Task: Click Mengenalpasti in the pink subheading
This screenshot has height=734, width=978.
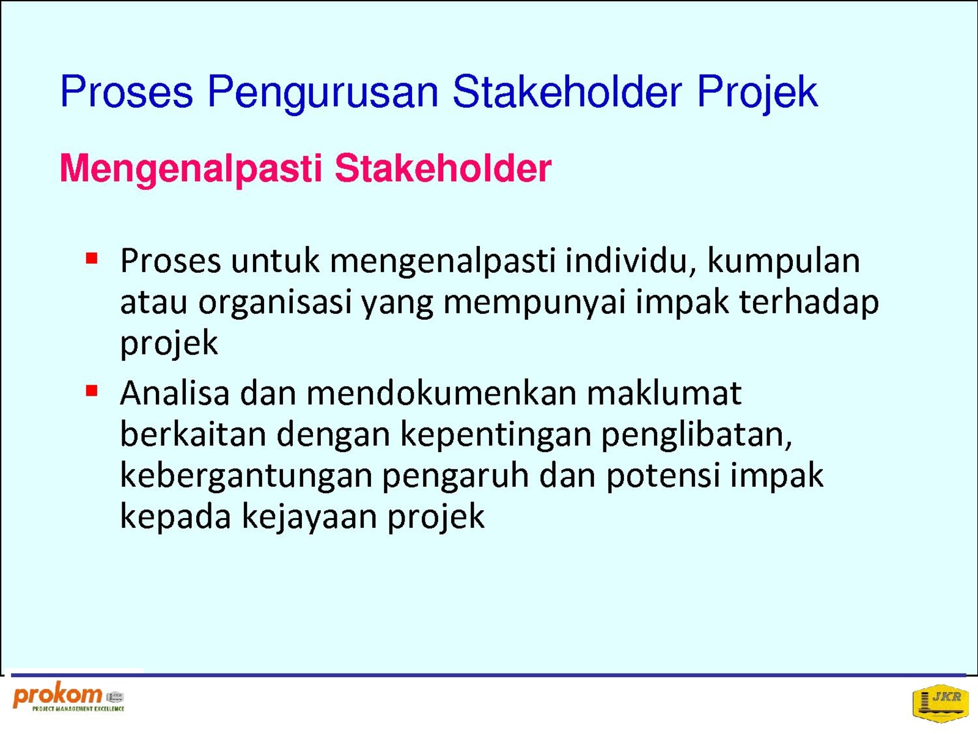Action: pyautogui.click(x=191, y=169)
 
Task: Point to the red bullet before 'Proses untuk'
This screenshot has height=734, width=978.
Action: pyautogui.click(x=91, y=259)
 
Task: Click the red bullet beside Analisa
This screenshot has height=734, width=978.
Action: pyautogui.click(x=91, y=391)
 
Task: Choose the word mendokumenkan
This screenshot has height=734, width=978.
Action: pyautogui.click(x=441, y=393)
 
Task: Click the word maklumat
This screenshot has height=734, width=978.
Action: pyautogui.click(x=664, y=393)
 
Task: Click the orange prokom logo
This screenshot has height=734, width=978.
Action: pyautogui.click(x=69, y=697)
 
